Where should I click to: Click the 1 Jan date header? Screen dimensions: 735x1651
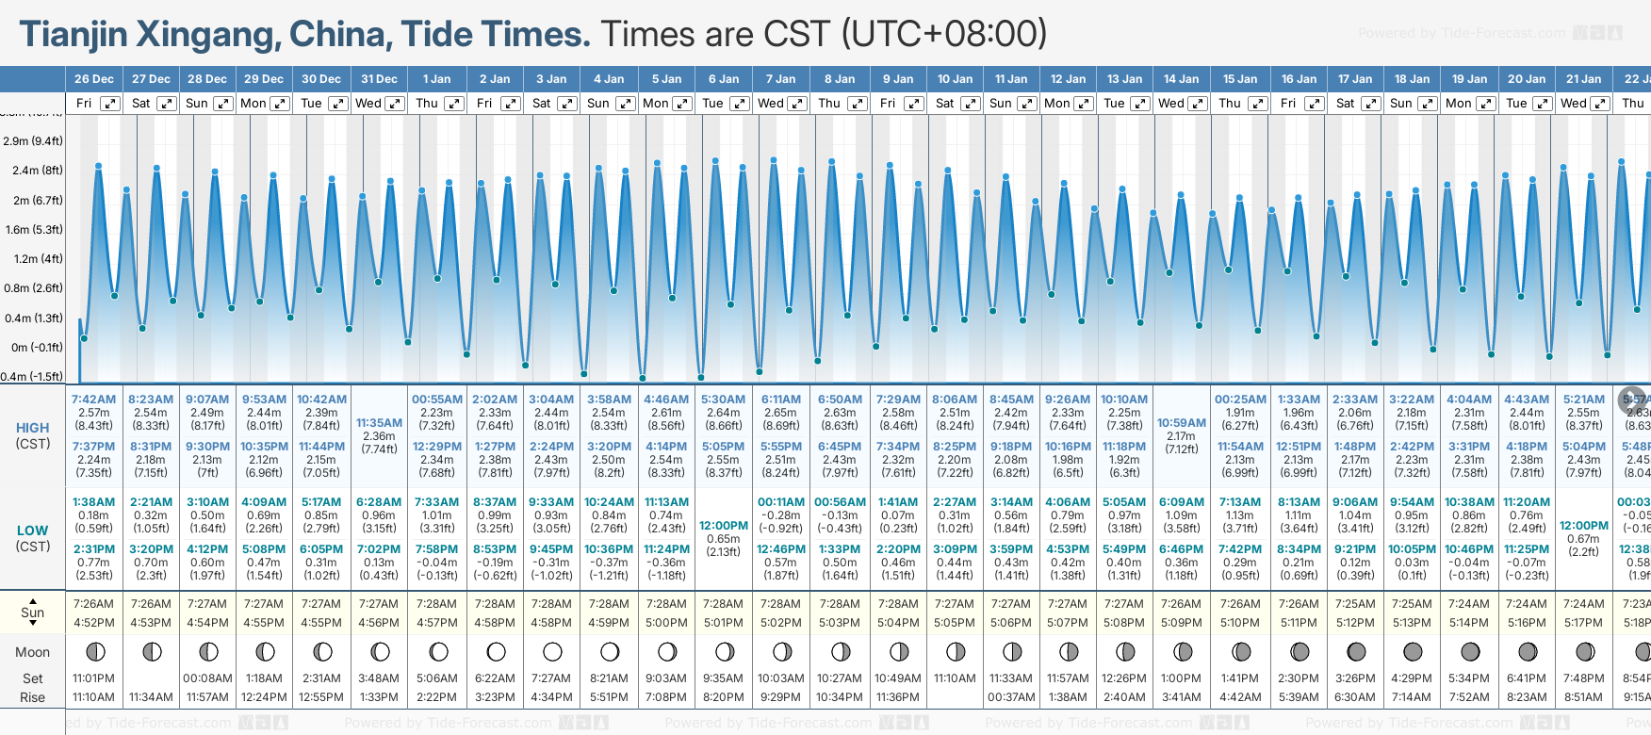pyautogui.click(x=436, y=79)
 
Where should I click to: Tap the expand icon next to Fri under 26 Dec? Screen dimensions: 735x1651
pyautogui.click(x=110, y=104)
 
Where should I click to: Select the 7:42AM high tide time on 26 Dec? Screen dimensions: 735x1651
pyautogui.click(x=94, y=400)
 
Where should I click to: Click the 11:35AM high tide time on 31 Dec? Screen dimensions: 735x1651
pyautogui.click(x=379, y=423)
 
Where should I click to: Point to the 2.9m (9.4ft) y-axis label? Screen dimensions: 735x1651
pyautogui.click(x=33, y=141)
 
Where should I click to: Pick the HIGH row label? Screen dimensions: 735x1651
pyautogui.click(x=33, y=428)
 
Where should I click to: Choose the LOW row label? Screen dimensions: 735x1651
pyautogui.click(x=33, y=531)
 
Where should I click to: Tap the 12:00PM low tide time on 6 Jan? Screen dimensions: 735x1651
pyautogui.click(x=724, y=526)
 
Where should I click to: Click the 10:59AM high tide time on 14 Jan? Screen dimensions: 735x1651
pyautogui.click(x=1182, y=423)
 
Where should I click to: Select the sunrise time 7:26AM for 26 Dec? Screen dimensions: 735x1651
pyautogui.click(x=94, y=604)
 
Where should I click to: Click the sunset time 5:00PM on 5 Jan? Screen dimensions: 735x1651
pyautogui.click(x=666, y=623)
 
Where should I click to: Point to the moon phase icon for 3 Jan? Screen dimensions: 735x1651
pyautogui.click(x=552, y=651)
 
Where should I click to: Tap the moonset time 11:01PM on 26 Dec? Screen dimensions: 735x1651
pyautogui.click(x=94, y=678)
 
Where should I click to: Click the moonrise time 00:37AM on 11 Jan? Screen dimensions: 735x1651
pyautogui.click(x=1010, y=697)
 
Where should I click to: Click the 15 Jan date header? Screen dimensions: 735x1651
pyautogui.click(x=1240, y=79)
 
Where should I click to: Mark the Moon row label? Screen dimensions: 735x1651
pyautogui.click(x=33, y=652)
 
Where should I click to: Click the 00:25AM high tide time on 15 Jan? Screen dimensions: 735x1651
pyautogui.click(x=1240, y=400)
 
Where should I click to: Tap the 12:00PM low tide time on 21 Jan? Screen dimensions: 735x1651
pyautogui.click(x=1584, y=526)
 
